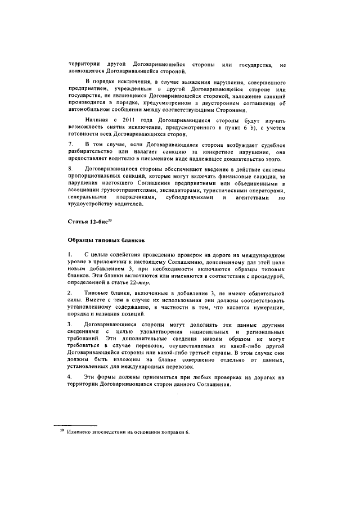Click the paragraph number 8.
pos(69,169)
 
